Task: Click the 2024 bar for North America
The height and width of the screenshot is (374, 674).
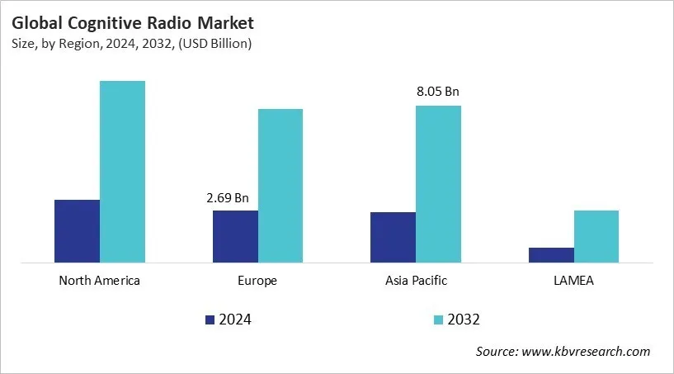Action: (77, 231)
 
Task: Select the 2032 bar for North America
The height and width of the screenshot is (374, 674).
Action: (122, 172)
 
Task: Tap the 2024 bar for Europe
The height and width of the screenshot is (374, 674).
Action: (235, 236)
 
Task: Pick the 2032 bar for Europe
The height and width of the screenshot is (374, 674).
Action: (280, 186)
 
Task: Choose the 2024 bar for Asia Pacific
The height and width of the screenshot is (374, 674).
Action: (393, 237)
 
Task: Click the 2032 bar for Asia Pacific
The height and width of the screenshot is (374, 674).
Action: (438, 184)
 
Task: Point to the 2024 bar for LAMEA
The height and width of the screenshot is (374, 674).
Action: (551, 255)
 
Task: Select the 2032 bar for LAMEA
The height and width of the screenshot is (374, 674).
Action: (596, 236)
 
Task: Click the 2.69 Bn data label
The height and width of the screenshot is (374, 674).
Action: (227, 198)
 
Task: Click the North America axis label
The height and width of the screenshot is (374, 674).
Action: (100, 281)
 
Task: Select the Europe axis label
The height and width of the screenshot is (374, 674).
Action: (257, 281)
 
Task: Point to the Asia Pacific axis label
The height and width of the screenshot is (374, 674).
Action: (416, 281)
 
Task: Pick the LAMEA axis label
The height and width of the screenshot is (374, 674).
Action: (573, 281)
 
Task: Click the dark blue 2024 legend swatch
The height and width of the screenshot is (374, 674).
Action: (210, 320)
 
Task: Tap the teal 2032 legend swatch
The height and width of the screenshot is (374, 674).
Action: (438, 320)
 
